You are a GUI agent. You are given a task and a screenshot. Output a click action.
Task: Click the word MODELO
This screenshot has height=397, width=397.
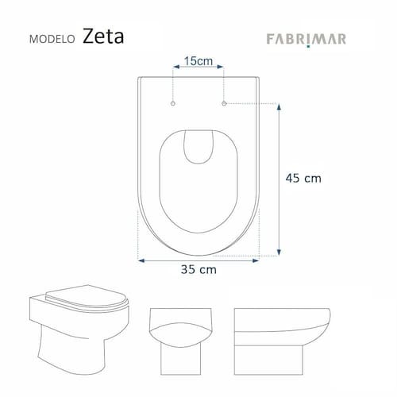(x=52, y=39)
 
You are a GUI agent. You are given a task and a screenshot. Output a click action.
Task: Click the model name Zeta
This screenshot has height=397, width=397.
(x=103, y=37)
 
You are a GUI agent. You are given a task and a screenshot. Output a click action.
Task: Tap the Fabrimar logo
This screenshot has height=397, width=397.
(x=306, y=40)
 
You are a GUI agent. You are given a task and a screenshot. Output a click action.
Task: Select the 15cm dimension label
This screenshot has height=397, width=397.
(x=198, y=61)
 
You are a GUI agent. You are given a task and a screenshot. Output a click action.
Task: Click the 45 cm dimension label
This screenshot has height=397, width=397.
(x=303, y=178)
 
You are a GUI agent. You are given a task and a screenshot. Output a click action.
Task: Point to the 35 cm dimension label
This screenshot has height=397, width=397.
(x=198, y=269)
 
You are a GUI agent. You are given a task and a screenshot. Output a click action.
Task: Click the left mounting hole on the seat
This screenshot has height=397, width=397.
(x=173, y=103)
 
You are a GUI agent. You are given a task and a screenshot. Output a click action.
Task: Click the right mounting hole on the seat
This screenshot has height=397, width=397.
(x=224, y=103)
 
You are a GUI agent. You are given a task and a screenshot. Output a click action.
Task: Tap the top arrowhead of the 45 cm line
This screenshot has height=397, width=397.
(x=279, y=107)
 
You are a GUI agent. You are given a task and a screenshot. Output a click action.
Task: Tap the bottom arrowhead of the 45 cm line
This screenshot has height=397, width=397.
(x=279, y=252)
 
